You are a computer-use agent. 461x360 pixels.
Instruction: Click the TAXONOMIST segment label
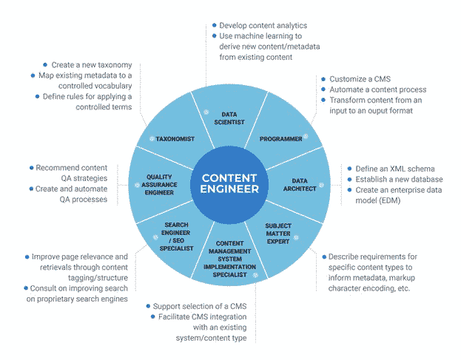[175, 138]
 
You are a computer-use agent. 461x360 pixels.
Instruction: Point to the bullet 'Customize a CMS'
[360, 79]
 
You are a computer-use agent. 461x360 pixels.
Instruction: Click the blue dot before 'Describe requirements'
[323, 256]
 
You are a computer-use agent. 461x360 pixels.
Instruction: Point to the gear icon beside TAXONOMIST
[152, 138]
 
